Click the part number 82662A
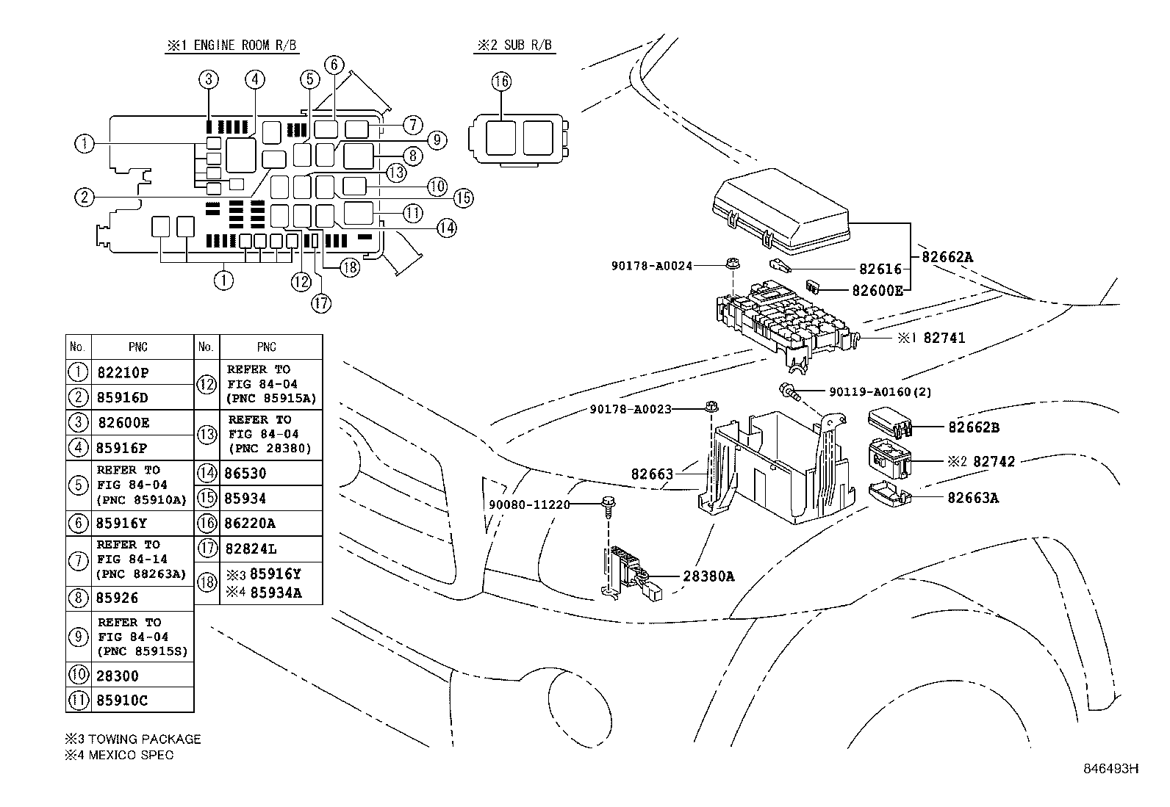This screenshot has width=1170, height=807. coord(947,257)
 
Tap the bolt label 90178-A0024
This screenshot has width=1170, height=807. coord(651,266)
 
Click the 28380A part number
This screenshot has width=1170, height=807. coord(708,576)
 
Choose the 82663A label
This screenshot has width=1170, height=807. coord(973,498)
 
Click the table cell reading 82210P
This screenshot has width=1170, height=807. coord(123,372)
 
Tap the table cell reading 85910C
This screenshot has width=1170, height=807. coord(121,701)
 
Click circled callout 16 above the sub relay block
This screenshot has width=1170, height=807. coord(501,82)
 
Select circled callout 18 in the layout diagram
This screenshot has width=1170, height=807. coord(350,268)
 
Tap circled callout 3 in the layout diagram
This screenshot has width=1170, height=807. coord(209,79)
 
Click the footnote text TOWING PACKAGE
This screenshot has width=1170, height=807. coord(140,739)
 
